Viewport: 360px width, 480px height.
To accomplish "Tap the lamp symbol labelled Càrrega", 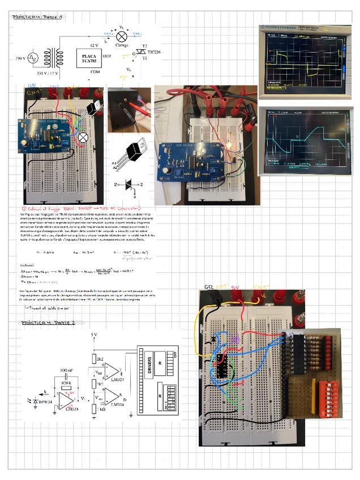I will [x=121, y=36].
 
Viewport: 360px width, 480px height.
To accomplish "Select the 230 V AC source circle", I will [x=33, y=57].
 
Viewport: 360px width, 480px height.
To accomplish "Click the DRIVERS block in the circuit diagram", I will [x=149, y=368].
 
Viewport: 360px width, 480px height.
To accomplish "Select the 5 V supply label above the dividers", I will [x=95, y=336].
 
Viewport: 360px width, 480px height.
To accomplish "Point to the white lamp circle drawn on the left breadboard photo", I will [x=83, y=137].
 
